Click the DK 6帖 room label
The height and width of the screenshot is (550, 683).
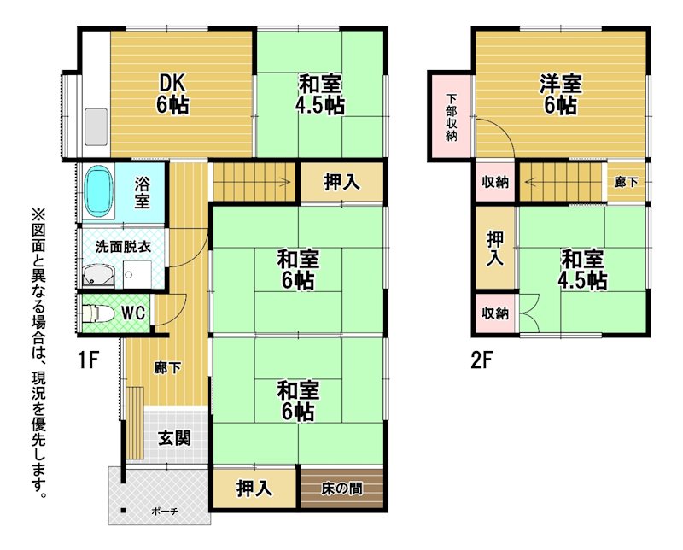[x=172, y=93]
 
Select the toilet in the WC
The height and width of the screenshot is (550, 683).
[x=98, y=313]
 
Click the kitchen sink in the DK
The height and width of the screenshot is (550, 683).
[x=96, y=126]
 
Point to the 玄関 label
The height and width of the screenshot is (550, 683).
[x=174, y=438]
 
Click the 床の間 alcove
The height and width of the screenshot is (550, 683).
[x=342, y=489]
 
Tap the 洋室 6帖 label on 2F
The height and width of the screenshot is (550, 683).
[x=561, y=94]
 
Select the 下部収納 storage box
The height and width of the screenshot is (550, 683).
[x=452, y=116]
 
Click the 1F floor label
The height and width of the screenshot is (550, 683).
[x=89, y=361]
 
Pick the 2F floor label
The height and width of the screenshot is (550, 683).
[x=481, y=361]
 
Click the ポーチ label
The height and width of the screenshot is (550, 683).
[x=165, y=512]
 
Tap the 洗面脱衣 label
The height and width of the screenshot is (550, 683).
[x=123, y=247]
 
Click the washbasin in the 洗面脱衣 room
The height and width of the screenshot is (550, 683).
[x=99, y=277]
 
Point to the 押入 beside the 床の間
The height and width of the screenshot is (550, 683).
[x=254, y=489]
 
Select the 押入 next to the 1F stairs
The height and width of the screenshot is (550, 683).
[x=342, y=182]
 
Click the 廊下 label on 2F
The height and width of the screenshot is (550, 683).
[x=626, y=182]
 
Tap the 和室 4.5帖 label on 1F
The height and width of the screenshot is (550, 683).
[x=320, y=94]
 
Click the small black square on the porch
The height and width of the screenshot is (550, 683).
[x=124, y=511]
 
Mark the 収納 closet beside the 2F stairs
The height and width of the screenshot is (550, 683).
[x=495, y=182]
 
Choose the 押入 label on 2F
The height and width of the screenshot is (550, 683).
[x=495, y=248]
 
